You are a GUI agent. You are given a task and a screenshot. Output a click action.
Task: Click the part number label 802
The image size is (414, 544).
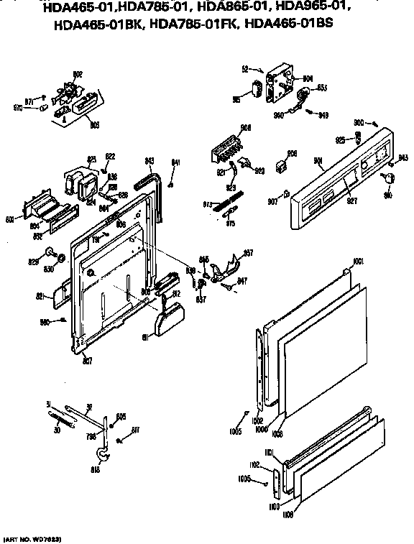[x=78, y=75]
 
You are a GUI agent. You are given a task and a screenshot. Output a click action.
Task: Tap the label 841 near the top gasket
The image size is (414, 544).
[x=175, y=163]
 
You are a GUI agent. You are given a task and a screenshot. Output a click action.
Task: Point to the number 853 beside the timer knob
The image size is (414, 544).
[x=322, y=88]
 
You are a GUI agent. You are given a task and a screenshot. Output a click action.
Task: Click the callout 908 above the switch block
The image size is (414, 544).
[x=246, y=128]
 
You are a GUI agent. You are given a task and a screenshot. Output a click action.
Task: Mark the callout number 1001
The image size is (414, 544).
[x=359, y=260]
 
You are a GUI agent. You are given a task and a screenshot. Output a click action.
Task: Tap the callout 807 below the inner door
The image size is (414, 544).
[x=87, y=360]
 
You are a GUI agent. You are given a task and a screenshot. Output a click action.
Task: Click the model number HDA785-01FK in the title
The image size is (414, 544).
[x=194, y=23]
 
